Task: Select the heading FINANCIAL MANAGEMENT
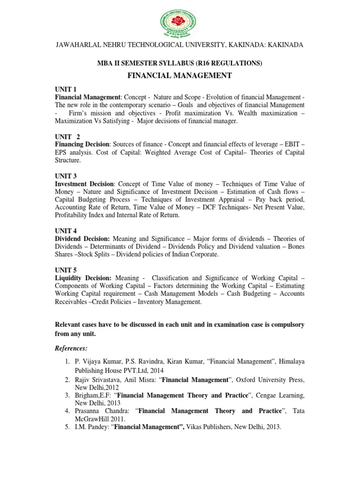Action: click(180, 75)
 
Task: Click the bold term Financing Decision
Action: click(82, 144)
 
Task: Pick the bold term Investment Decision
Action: click(84, 184)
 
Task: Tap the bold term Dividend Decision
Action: click(82, 239)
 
